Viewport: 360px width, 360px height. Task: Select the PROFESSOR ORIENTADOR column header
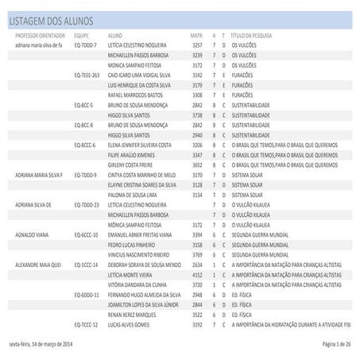[40, 37]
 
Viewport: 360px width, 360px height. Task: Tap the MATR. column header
[196, 37]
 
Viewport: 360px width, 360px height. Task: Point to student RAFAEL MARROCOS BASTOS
[137, 95]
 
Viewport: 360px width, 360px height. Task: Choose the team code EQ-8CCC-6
[85, 145]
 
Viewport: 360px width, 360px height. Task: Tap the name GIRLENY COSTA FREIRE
[135, 165]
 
